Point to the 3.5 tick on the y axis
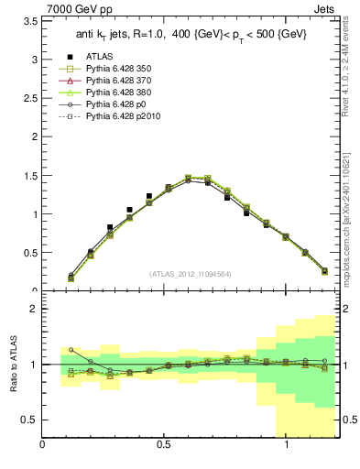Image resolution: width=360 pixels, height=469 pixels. coord(30,19)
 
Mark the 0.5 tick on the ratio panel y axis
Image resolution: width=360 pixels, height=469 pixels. coord(30,420)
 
